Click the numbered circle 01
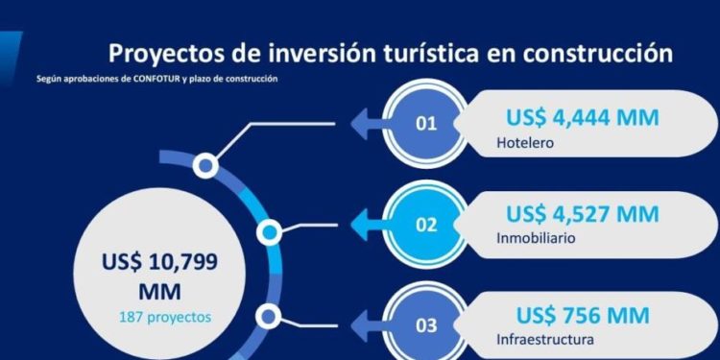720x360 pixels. point(425,123)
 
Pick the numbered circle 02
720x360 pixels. point(425,225)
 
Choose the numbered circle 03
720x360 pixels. point(425,324)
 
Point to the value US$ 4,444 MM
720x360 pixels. point(583,117)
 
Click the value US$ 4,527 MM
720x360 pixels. point(583,213)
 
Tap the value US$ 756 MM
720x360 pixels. point(583,315)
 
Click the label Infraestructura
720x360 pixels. point(545,339)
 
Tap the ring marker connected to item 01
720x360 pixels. point(204,166)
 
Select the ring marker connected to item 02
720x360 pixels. point(271,230)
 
